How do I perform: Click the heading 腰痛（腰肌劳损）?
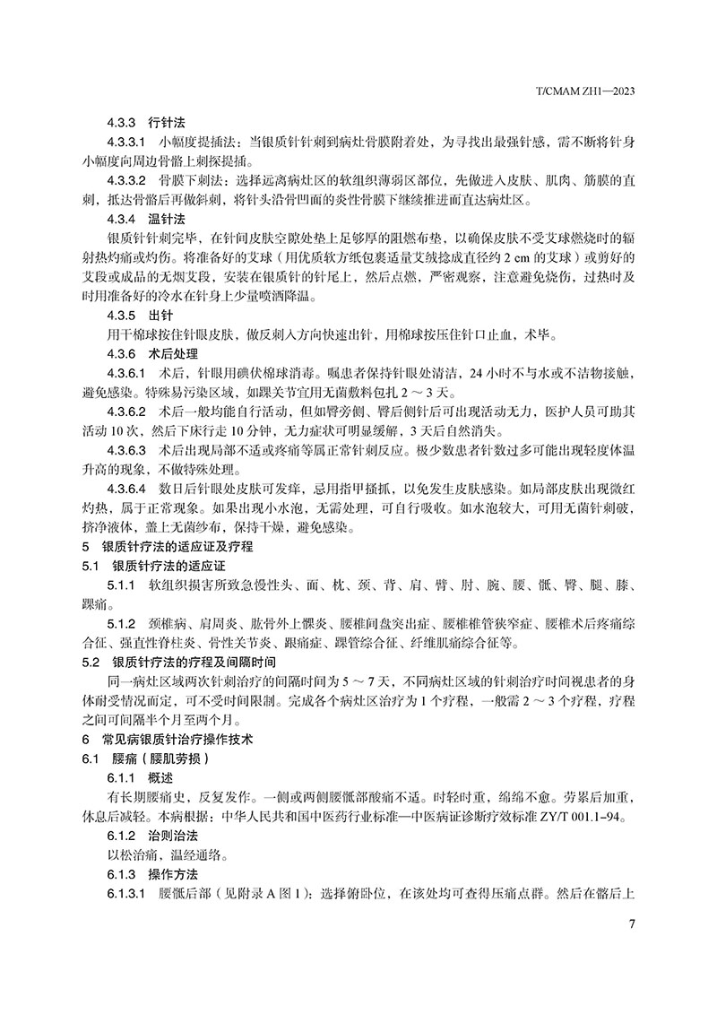click(157, 759)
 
